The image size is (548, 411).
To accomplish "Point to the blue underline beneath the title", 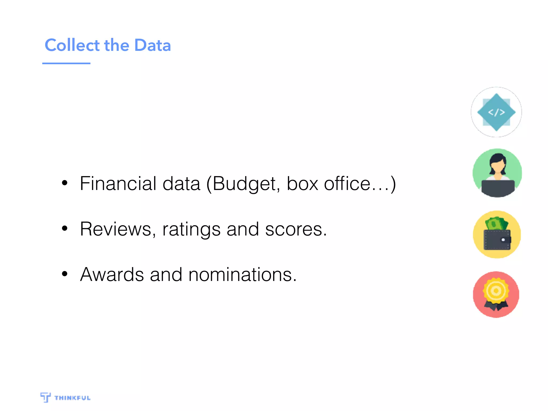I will coord(66,63).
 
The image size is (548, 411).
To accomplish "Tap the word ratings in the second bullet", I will coord(191,230).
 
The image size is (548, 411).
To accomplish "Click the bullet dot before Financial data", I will coord(64,183).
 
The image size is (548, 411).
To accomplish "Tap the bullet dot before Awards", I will coord(64,274).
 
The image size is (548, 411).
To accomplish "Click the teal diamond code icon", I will coord(496,112).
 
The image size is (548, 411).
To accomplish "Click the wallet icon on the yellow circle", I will coord(497,239).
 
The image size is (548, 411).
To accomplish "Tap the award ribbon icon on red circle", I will coord(496,294).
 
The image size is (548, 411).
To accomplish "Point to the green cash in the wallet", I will coord(496,223).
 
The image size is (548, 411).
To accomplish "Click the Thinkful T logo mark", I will coord(45,397).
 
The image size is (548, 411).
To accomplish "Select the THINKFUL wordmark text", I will coord(73,398).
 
